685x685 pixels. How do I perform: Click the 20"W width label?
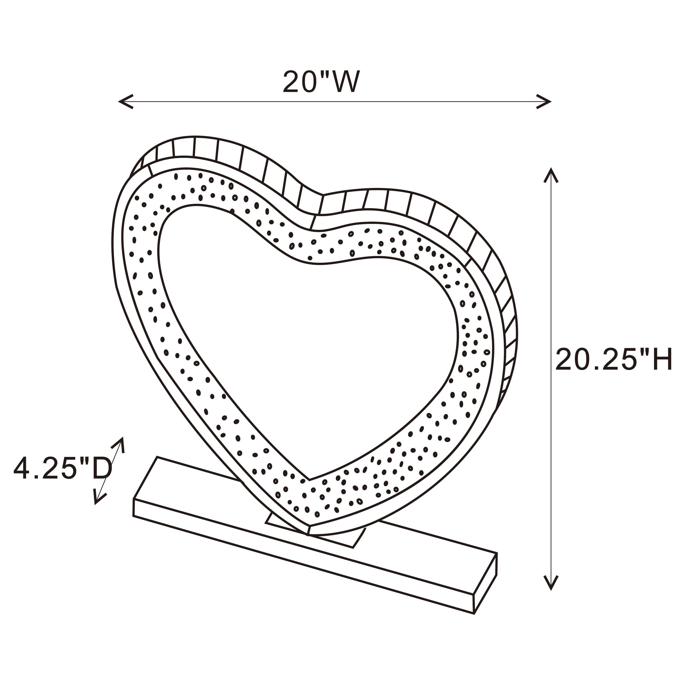(x=321, y=82)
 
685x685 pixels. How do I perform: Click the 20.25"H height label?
(x=613, y=360)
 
